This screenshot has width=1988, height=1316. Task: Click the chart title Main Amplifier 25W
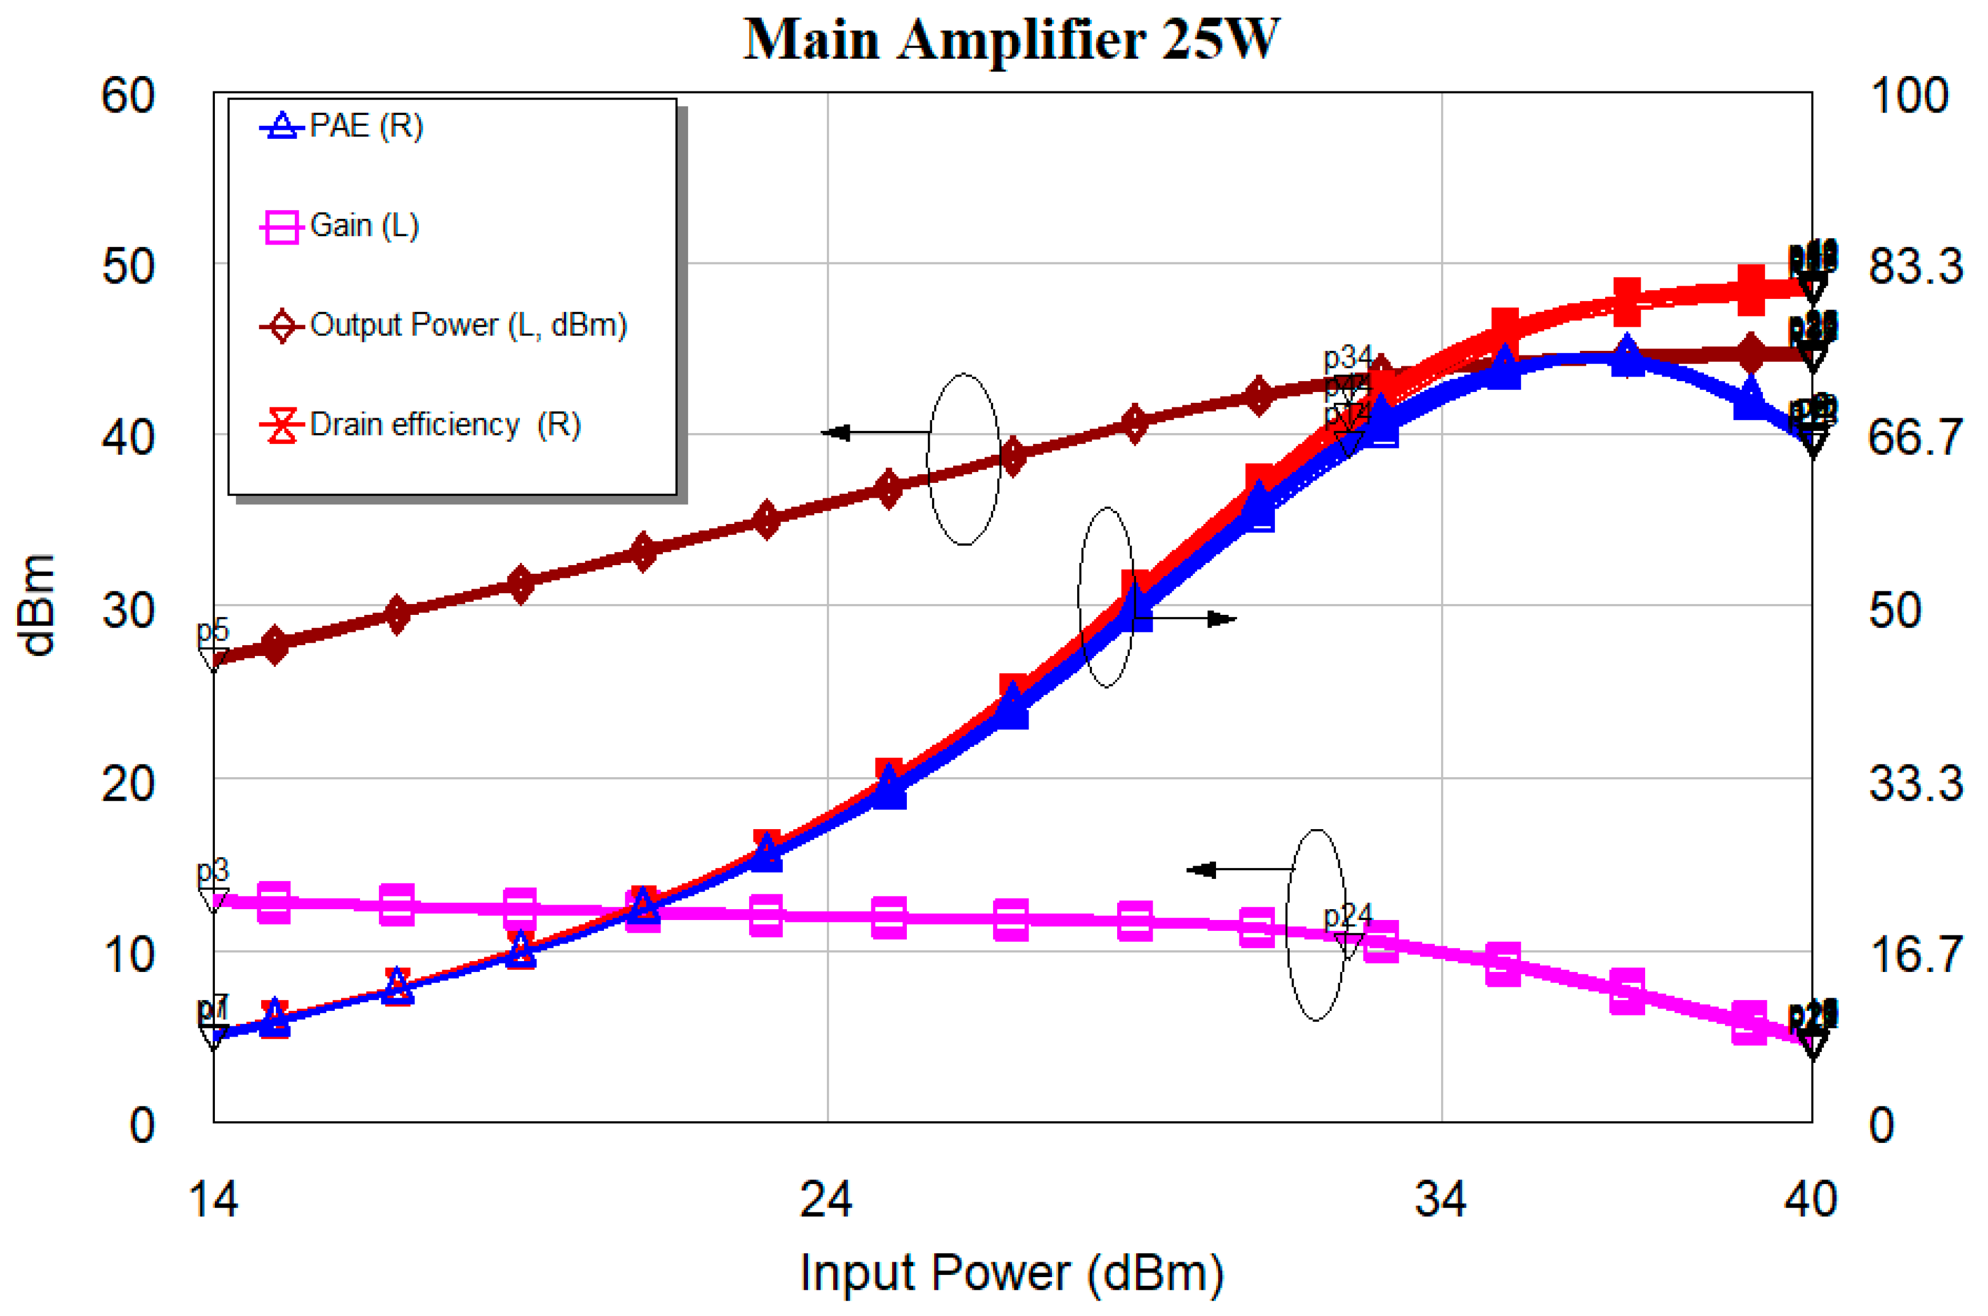[x=1011, y=39]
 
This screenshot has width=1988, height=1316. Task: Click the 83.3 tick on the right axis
[x=1914, y=267]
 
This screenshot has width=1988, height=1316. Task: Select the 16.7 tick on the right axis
[x=1914, y=954]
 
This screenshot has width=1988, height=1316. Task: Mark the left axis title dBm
[x=37, y=605]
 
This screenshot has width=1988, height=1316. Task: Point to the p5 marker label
[x=213, y=630]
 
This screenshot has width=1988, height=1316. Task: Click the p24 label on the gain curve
[x=1347, y=915]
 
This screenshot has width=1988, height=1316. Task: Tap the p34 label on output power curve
[x=1347, y=358]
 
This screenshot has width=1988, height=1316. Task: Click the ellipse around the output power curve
[x=963, y=459]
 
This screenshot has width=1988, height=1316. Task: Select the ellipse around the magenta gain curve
[x=1316, y=925]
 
